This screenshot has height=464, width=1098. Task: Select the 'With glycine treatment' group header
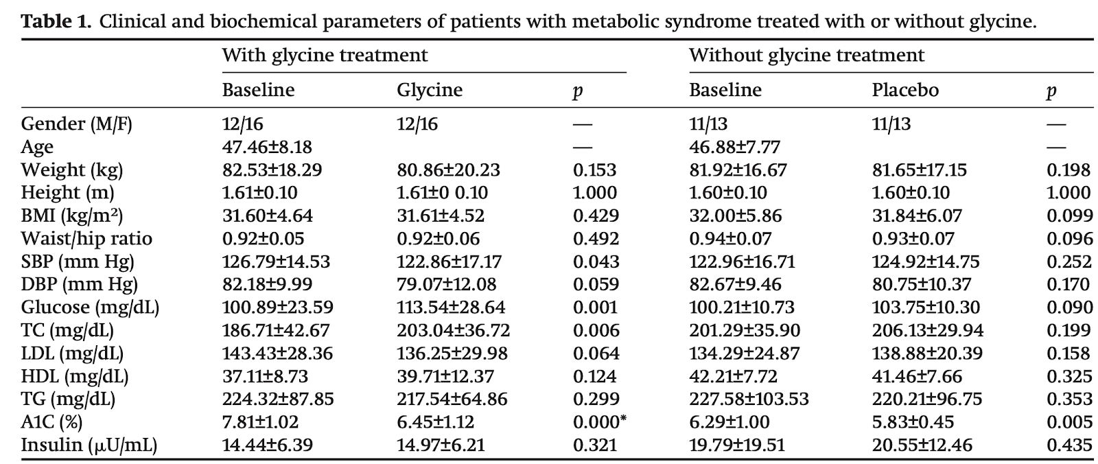tap(325, 56)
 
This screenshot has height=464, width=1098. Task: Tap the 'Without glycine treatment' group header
tap(807, 56)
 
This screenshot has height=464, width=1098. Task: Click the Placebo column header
tap(905, 90)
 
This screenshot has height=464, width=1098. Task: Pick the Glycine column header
tap(430, 91)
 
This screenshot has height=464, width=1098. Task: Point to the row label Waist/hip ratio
tap(86, 239)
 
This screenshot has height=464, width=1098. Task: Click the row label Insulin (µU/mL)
tap(89, 445)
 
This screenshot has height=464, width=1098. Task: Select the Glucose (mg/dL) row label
tap(90, 308)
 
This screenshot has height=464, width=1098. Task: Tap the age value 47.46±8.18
tap(267, 147)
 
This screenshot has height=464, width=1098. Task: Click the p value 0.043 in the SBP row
tap(596, 262)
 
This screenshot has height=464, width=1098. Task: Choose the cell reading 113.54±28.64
tap(451, 308)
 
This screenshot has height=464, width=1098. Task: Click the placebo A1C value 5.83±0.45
tap(913, 422)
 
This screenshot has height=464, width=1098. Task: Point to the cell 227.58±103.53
tap(749, 399)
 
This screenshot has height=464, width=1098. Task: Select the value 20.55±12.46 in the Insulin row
tap(922, 445)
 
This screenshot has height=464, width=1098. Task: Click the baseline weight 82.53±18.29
tap(272, 170)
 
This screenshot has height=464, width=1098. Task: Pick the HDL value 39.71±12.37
tap(445, 376)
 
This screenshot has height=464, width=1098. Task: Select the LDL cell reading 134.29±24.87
tap(745, 353)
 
